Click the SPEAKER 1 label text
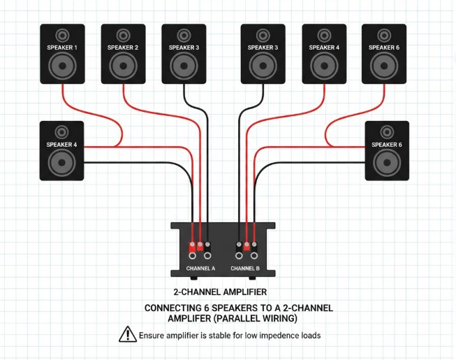pos(63,48)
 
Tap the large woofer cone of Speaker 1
pos(63,69)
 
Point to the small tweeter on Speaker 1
pos(63,34)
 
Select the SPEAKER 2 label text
pos(123,48)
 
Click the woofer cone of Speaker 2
pos(123,69)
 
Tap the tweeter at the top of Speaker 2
pos(123,34)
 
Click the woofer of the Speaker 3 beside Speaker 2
pos(184,69)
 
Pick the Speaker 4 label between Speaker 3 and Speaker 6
pos(323,48)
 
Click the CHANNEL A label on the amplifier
pos(200,268)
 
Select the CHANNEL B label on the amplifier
pos(245,268)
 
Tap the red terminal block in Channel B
pos(247,246)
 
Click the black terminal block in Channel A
pos(208,245)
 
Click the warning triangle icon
pos(127,335)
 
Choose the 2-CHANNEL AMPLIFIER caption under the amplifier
pos(219,291)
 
